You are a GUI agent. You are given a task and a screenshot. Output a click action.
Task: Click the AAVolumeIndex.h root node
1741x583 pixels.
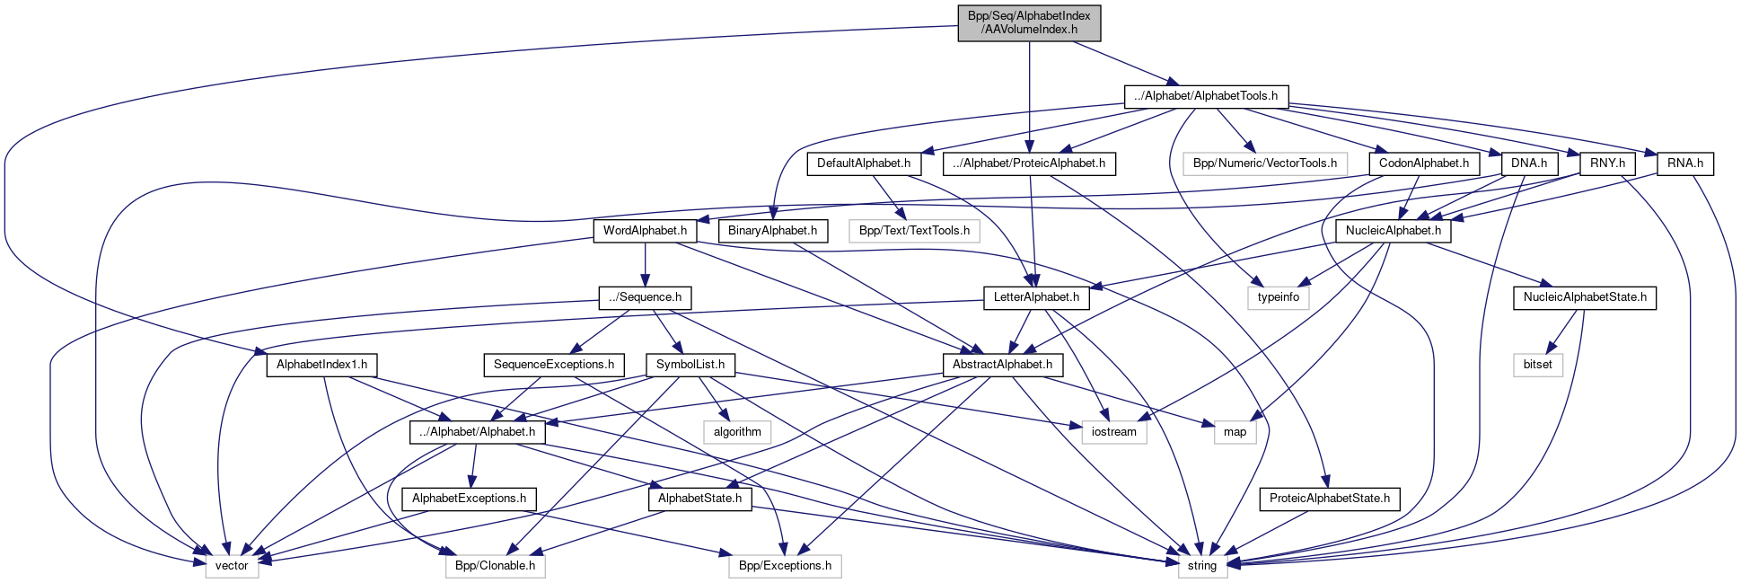click(x=1029, y=22)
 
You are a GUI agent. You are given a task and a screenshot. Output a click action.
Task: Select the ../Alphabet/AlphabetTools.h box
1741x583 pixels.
click(x=1206, y=96)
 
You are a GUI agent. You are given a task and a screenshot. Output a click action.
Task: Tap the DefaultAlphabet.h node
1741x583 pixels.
click(x=864, y=163)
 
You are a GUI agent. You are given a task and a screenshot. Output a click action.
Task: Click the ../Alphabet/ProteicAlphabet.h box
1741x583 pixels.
click(x=1029, y=163)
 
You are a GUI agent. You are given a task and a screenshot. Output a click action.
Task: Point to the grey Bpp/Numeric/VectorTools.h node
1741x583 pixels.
click(x=1264, y=163)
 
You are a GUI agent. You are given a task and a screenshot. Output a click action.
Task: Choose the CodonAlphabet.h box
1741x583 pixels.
click(x=1423, y=163)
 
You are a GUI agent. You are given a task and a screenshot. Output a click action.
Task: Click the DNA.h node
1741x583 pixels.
click(x=1528, y=163)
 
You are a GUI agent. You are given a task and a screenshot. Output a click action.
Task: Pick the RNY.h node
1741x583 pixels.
click(x=1606, y=163)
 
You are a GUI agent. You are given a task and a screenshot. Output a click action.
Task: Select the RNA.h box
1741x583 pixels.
click(x=1684, y=163)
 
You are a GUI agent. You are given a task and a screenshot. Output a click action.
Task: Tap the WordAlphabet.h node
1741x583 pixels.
click(x=645, y=231)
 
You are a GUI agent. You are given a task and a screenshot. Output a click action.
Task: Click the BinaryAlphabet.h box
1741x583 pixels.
click(x=772, y=231)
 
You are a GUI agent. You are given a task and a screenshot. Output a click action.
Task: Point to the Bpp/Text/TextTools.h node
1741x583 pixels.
click(x=914, y=231)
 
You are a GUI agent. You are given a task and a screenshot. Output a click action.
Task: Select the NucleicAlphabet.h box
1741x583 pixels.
click(x=1393, y=231)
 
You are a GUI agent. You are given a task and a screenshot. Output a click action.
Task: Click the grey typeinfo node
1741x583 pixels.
click(x=1278, y=297)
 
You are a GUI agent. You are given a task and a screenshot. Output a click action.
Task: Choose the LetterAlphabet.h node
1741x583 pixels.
click(x=1036, y=297)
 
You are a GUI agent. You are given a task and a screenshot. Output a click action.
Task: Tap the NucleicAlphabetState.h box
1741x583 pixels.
click(x=1584, y=297)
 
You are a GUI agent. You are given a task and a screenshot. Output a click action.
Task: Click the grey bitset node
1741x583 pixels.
click(x=1537, y=365)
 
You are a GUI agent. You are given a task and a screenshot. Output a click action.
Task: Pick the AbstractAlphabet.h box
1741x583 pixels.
click(x=1002, y=365)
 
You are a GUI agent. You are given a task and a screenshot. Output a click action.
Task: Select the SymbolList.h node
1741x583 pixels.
click(x=690, y=365)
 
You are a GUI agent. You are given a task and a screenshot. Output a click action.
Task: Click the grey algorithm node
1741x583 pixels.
click(x=737, y=432)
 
